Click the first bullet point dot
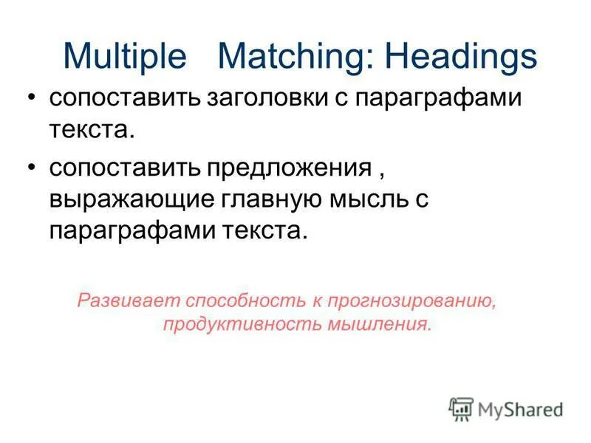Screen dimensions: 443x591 (30, 100)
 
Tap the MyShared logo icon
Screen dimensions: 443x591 (462, 408)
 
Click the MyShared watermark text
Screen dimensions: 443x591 (520, 409)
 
